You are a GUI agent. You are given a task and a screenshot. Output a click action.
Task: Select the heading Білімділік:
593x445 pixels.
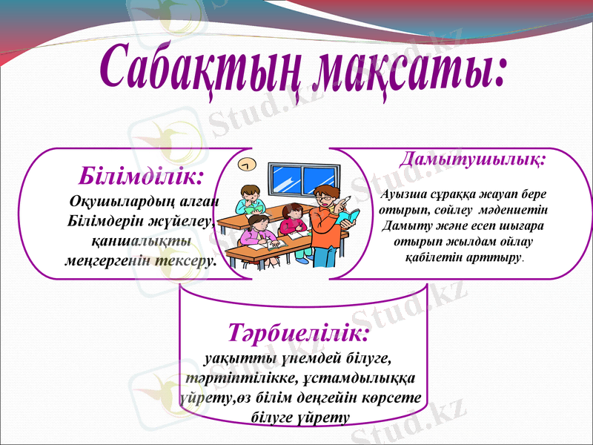(x=140, y=177)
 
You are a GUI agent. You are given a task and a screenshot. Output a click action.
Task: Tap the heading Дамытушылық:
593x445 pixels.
(x=473, y=159)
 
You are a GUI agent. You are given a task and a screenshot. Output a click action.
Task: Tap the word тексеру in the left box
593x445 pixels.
(x=190, y=260)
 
